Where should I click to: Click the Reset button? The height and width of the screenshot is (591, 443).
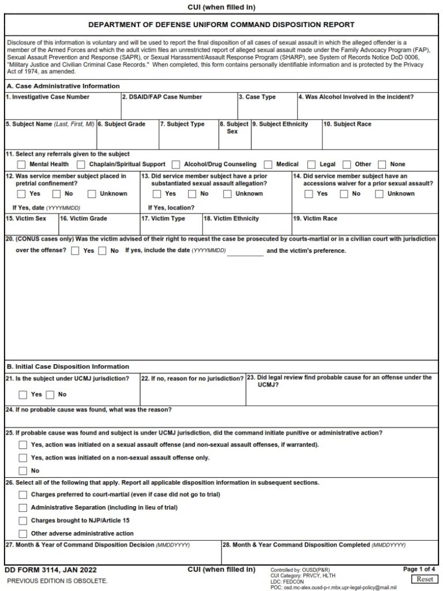(424, 579)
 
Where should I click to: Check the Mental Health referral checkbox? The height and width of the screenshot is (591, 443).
(22, 164)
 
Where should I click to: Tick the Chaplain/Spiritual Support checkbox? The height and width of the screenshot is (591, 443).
(81, 164)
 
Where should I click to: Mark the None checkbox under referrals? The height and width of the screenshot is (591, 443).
(382, 164)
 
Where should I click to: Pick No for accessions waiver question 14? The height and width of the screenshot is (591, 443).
(344, 194)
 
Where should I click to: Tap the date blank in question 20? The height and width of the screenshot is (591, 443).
(246, 252)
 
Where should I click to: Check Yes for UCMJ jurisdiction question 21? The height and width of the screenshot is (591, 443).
(22, 395)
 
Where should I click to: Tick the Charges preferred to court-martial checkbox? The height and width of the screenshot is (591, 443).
(22, 495)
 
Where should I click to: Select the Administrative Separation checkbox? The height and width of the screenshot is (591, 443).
(22, 508)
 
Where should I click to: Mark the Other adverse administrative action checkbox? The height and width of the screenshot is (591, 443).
(22, 534)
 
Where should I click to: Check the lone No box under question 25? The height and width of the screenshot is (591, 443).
(22, 471)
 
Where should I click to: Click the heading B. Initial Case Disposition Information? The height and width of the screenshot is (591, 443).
(67, 366)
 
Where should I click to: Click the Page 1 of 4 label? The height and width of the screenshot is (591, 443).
(419, 569)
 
